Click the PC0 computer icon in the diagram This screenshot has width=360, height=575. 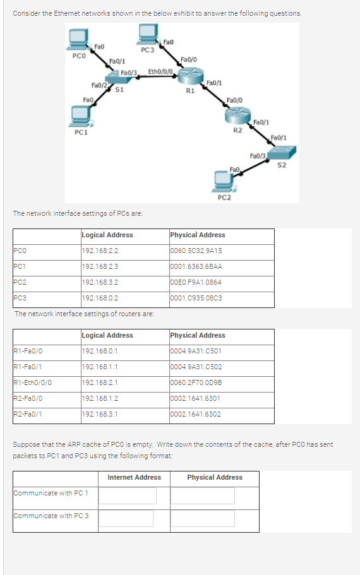(78, 40)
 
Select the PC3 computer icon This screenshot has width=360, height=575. (148, 35)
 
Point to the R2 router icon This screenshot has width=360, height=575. (237, 116)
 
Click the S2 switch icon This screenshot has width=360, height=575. (282, 152)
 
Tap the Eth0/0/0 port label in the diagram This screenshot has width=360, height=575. (160, 71)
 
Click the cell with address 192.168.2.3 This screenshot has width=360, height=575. (100, 266)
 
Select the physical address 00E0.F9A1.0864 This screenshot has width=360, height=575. (196, 282)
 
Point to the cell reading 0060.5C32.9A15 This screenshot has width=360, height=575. (196, 251)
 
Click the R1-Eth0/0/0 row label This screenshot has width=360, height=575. (32, 383)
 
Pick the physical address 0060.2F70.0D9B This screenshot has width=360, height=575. (196, 383)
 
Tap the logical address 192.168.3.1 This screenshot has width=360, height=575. (100, 415)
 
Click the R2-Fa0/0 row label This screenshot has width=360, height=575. (28, 399)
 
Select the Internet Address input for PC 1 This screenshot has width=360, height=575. (128, 496)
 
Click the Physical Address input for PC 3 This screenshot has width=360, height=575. (203, 519)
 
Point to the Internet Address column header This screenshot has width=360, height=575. (135, 477)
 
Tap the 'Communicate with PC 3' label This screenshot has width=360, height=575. (51, 516)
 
